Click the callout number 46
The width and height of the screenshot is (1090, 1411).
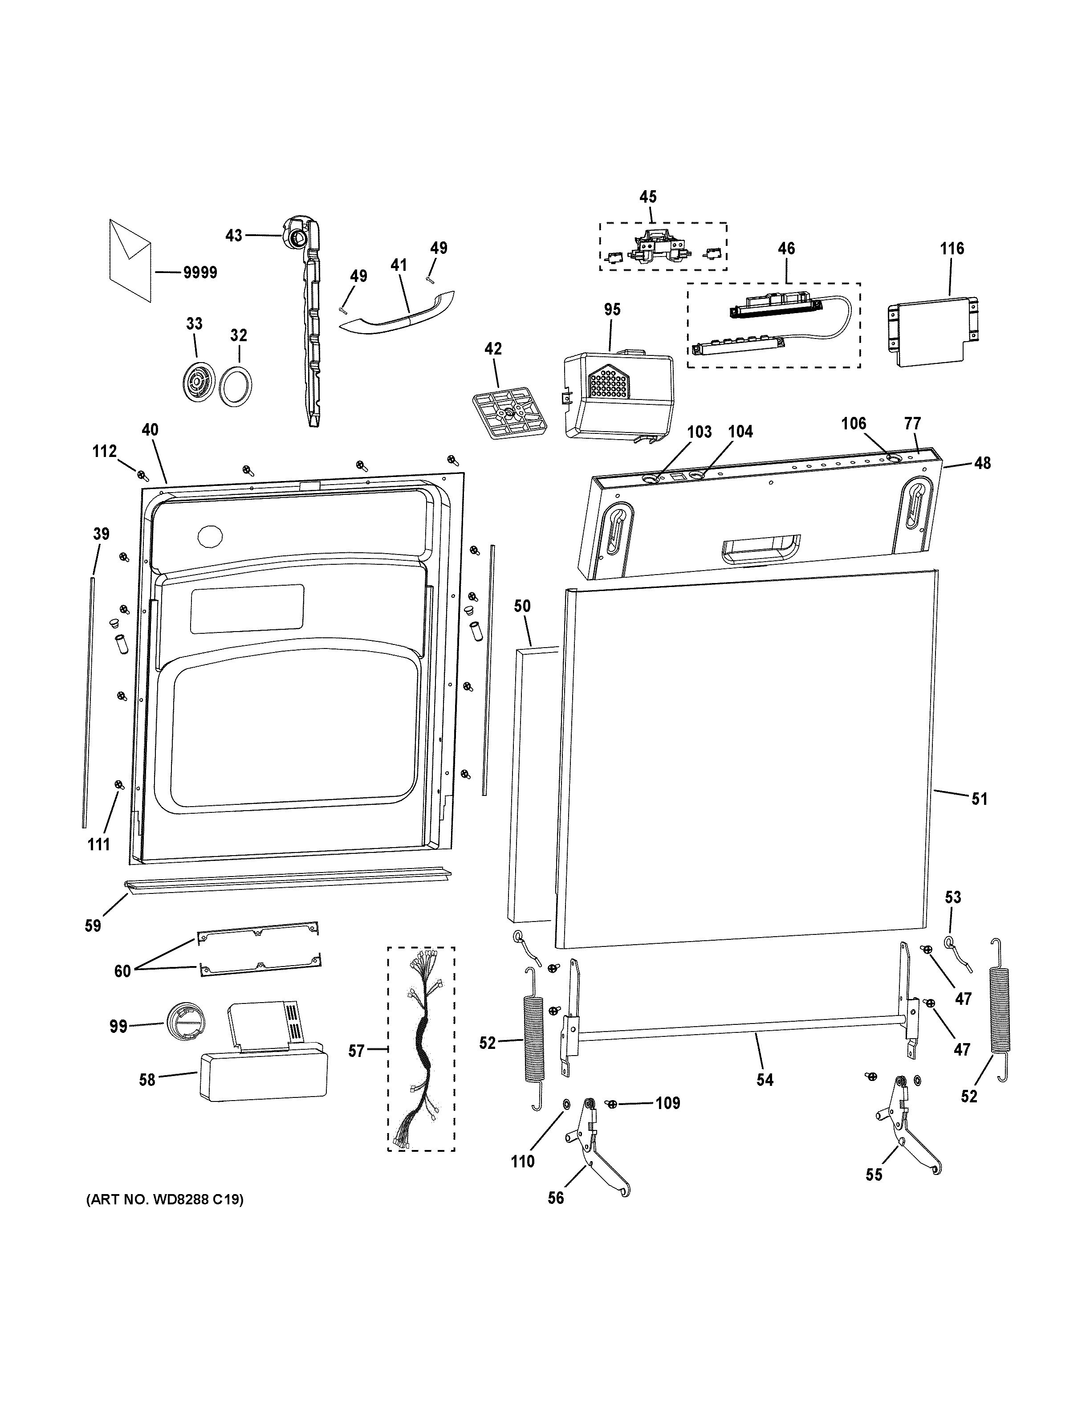pyautogui.click(x=786, y=248)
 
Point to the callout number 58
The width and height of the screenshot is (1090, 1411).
pyautogui.click(x=148, y=1080)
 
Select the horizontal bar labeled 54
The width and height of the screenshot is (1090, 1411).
pyautogui.click(x=743, y=1038)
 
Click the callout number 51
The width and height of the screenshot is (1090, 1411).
pyautogui.click(x=979, y=799)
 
